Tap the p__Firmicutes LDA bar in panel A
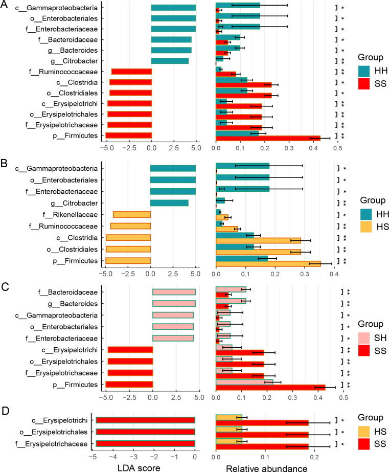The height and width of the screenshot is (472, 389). pos(129,135)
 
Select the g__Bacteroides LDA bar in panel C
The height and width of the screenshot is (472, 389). pos(174,303)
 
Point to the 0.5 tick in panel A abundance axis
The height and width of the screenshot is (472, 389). pos(337,148)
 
